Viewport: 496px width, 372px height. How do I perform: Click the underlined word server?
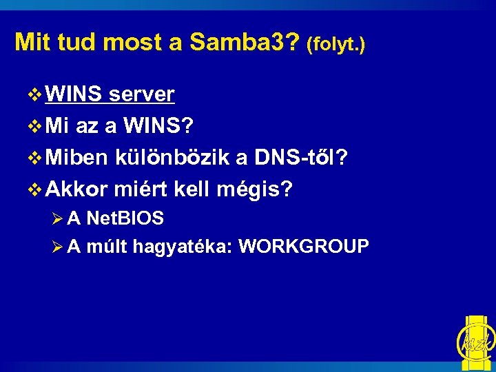point(143,94)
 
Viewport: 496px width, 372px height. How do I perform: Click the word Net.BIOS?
point(125,219)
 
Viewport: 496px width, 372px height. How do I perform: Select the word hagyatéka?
point(182,246)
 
